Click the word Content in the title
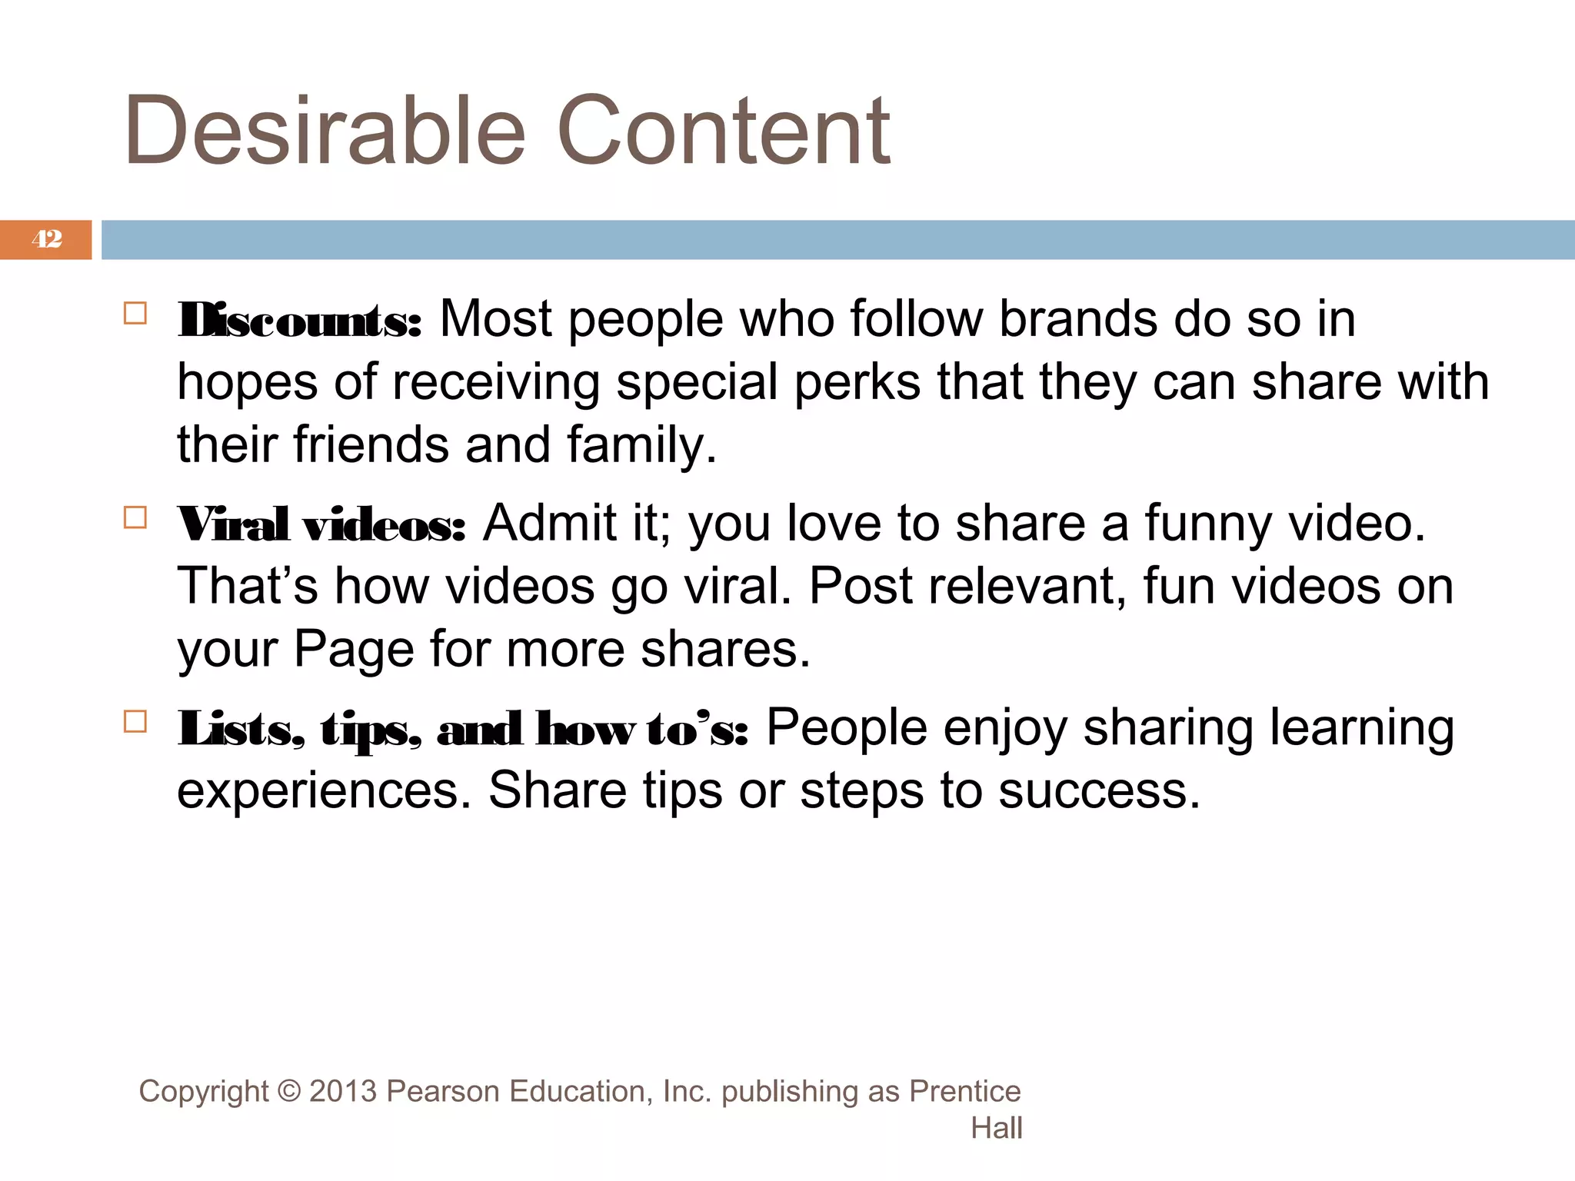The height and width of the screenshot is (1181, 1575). pyautogui.click(x=723, y=131)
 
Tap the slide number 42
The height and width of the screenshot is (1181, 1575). pyautogui.click(x=47, y=239)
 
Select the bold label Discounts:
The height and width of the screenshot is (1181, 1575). pyautogui.click(x=300, y=320)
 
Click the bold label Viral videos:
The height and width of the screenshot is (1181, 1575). pyautogui.click(x=321, y=524)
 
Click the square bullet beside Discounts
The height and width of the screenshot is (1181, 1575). pyautogui.click(x=135, y=314)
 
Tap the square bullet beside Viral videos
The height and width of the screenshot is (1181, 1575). pyautogui.click(x=135, y=517)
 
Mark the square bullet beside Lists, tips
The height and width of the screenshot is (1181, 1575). pyautogui.click(x=135, y=721)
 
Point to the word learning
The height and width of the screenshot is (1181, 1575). pyautogui.click(x=1361, y=729)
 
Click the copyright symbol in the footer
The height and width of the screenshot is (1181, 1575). pyautogui.click(x=289, y=1092)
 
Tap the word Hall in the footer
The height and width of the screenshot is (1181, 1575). pyautogui.click(x=996, y=1128)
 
